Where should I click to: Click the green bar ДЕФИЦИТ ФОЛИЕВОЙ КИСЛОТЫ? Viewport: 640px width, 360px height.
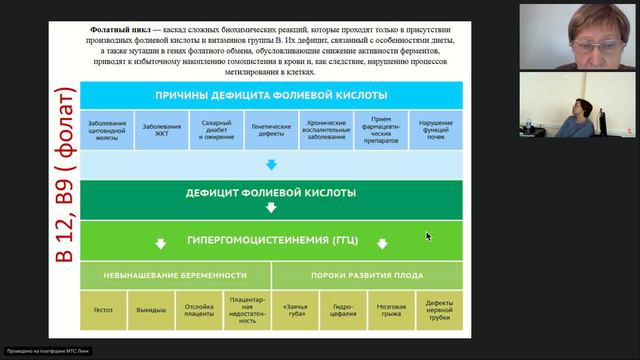click(271, 192)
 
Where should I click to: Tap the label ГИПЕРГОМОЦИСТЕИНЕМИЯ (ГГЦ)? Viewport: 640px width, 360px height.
click(271, 240)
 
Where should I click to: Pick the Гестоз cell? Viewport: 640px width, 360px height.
click(104, 310)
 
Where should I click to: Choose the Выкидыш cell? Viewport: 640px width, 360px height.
click(151, 310)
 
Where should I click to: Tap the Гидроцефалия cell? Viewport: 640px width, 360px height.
click(343, 310)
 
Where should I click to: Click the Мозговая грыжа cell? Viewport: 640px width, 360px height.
click(390, 310)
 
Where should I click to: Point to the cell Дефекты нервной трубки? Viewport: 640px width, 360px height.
click(437, 310)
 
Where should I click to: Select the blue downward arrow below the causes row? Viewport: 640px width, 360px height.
click(271, 162)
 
